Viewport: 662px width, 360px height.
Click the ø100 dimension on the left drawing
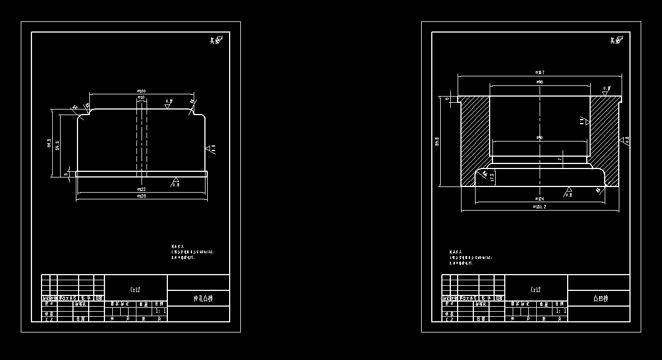click(x=141, y=91)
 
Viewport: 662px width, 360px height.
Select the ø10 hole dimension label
click(x=141, y=98)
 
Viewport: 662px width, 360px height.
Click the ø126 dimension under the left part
click(x=141, y=196)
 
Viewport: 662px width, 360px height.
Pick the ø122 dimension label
click(x=141, y=189)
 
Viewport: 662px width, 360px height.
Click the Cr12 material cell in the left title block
click(x=135, y=290)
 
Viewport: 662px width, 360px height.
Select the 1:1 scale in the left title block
click(x=161, y=310)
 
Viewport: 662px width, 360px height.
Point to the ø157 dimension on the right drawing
click(x=540, y=72)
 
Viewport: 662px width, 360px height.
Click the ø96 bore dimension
click(x=540, y=82)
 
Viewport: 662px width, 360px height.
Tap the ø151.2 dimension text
click(x=540, y=207)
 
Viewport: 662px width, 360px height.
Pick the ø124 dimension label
click(x=540, y=199)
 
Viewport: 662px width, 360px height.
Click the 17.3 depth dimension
click(x=492, y=177)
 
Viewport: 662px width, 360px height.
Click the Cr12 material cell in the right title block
click(x=536, y=290)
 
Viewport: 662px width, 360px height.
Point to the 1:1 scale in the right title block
click(x=561, y=310)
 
